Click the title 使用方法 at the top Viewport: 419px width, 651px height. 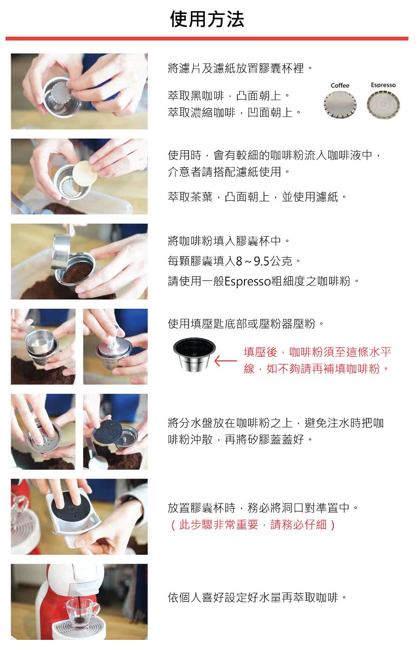(207, 19)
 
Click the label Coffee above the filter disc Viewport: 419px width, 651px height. (340, 86)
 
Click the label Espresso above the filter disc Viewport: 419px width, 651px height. (383, 85)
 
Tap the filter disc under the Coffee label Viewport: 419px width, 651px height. (340, 105)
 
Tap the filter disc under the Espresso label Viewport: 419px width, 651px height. (383, 105)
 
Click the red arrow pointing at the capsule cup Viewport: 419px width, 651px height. (225, 361)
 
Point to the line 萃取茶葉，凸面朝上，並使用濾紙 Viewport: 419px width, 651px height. (257, 197)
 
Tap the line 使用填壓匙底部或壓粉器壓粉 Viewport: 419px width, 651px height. (246, 324)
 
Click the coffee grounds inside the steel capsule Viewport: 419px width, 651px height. (78, 273)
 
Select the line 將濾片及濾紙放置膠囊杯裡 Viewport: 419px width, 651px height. (240, 68)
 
